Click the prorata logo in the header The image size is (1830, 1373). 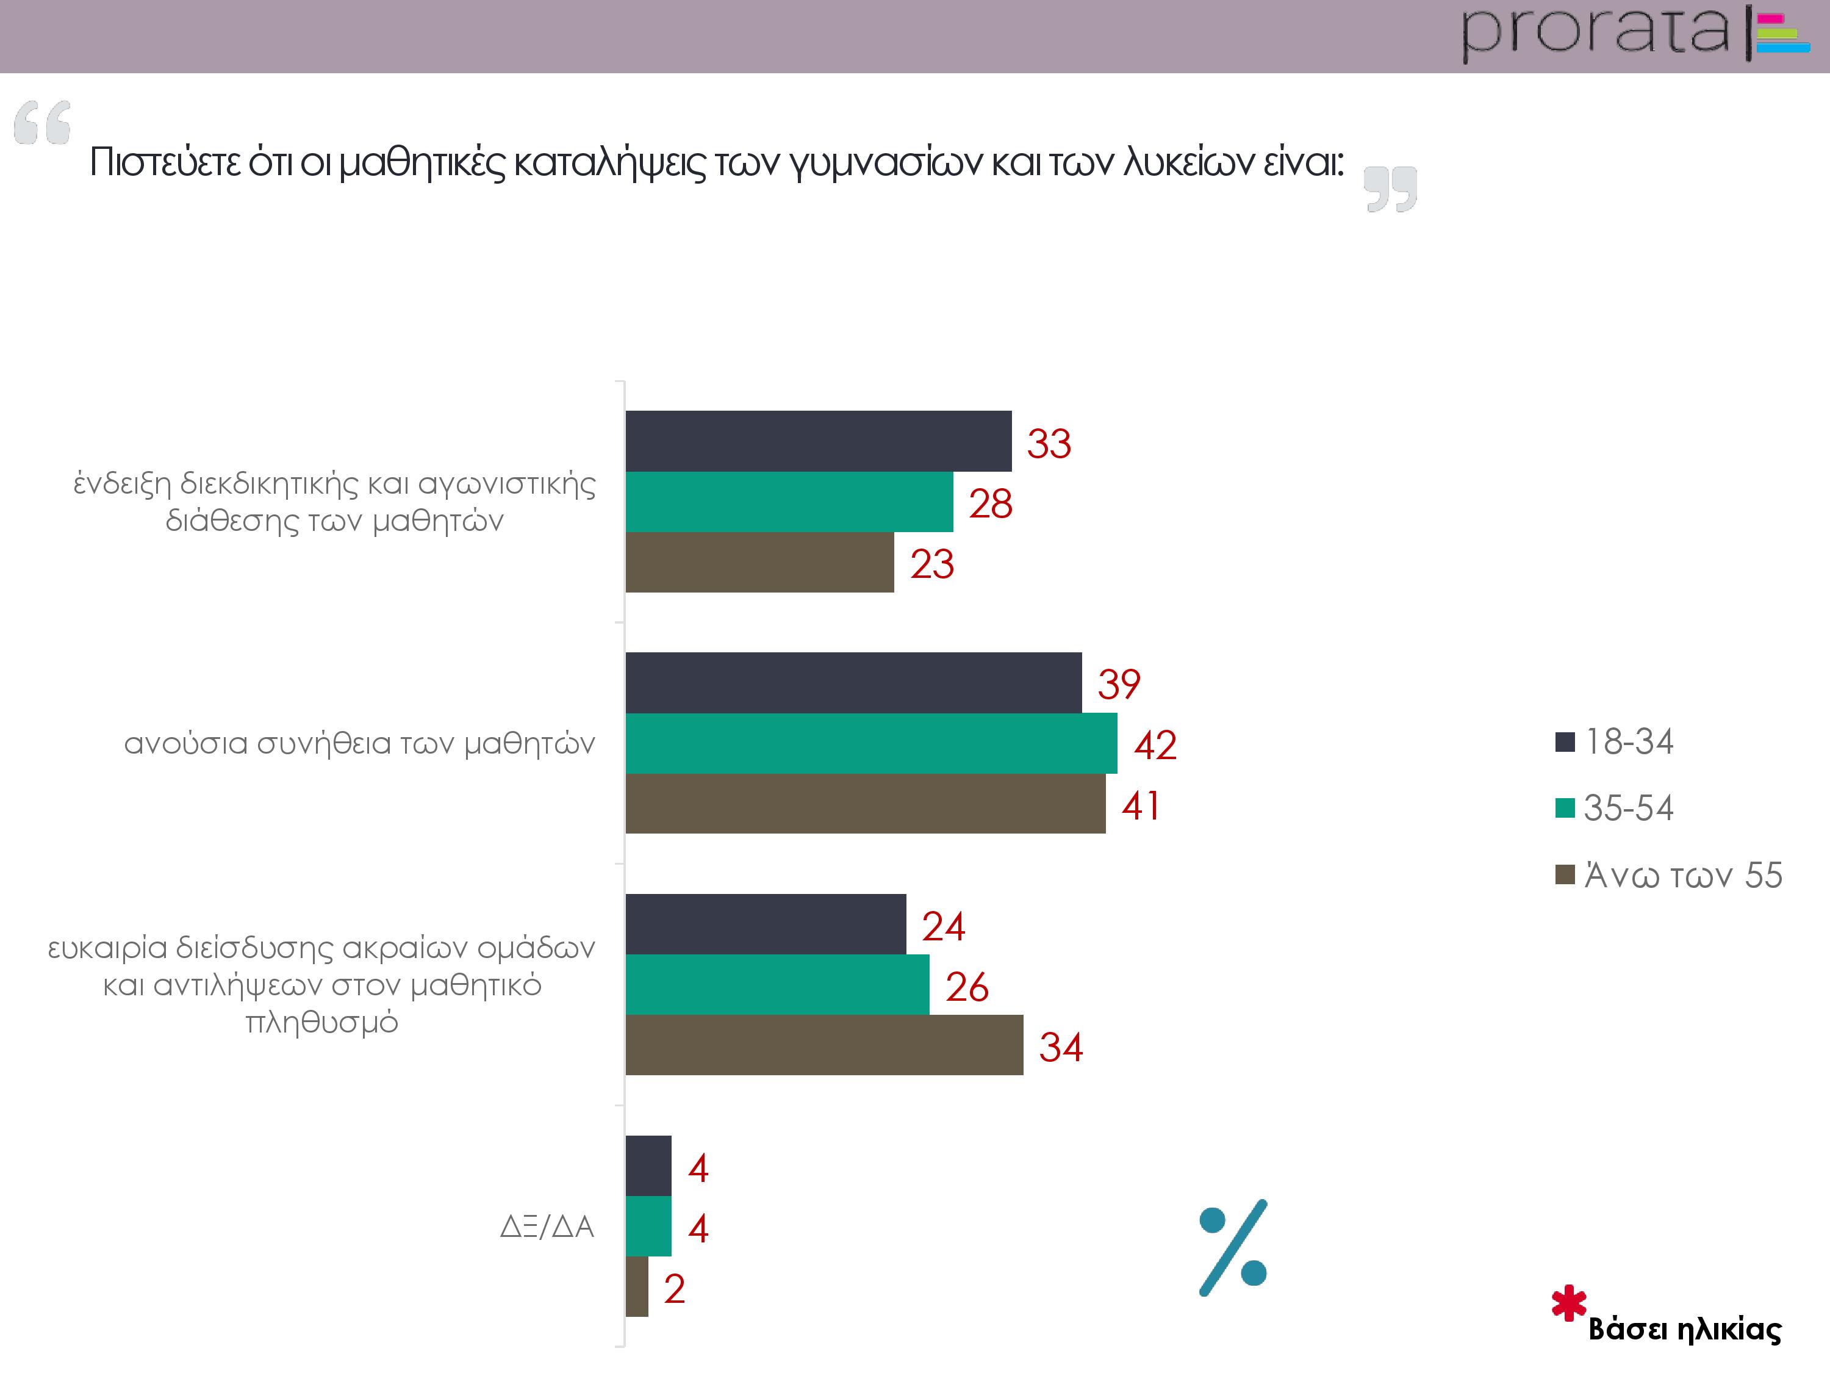(1634, 35)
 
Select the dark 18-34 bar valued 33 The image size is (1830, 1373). (817, 441)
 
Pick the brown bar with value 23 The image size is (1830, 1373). (759, 562)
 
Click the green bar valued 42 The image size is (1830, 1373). (870, 743)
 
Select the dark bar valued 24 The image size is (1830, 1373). (766, 924)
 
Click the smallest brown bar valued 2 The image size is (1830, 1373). (636, 1287)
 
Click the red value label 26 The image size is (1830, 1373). (966, 987)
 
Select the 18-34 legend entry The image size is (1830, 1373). (1615, 741)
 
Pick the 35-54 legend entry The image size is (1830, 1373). (1615, 808)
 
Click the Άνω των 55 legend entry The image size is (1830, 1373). (1669, 875)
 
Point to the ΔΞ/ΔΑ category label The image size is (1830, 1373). (547, 1227)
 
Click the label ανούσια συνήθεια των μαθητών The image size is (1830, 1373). (359, 743)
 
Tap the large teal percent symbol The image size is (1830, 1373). (1233, 1247)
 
